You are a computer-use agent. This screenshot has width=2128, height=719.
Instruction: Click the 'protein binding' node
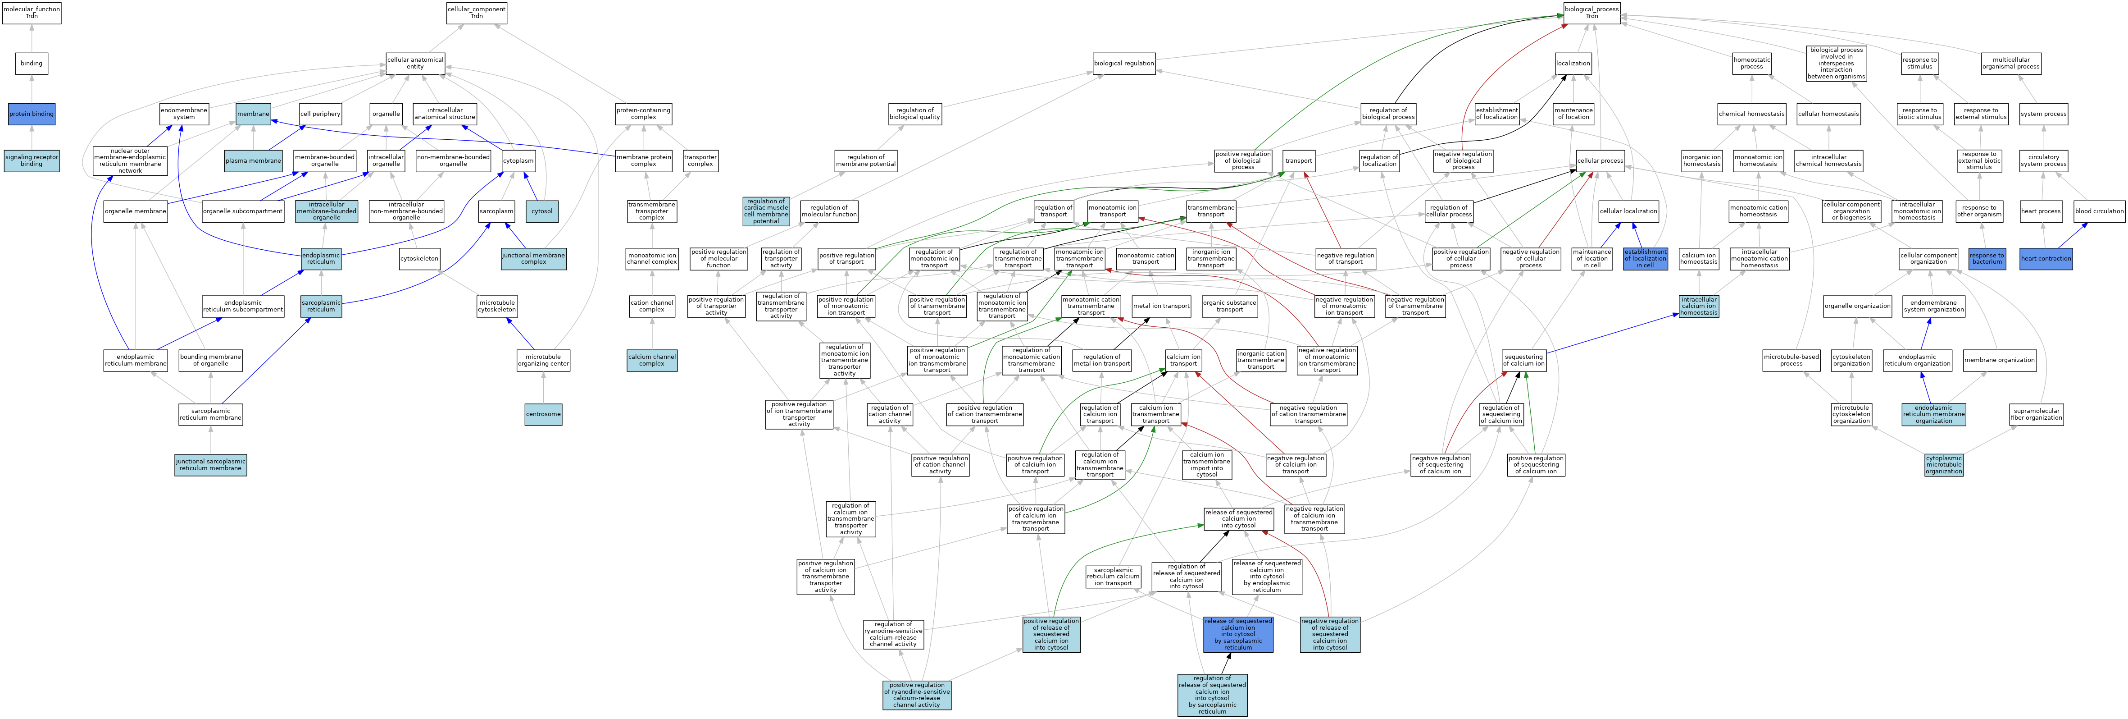pos(32,114)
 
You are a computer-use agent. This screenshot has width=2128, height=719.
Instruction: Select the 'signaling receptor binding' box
pos(32,160)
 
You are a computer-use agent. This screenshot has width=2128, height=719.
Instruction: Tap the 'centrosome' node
pos(543,414)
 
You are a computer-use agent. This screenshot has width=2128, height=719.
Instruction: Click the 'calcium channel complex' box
pos(652,360)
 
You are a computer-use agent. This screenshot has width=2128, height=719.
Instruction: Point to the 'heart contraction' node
pos(2046,259)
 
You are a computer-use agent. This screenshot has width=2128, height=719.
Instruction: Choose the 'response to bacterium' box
pos(1987,259)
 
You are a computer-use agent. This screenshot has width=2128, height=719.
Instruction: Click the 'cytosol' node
pos(542,211)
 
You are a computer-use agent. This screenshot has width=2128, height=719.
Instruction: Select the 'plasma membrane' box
pos(253,160)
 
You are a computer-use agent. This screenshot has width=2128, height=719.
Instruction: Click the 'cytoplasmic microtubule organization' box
pos(1944,464)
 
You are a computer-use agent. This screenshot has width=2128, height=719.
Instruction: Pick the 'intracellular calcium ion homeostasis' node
pos(1698,306)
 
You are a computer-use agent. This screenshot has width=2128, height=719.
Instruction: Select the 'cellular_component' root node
pos(477,13)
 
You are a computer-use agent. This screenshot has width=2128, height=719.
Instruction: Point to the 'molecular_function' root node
pos(32,13)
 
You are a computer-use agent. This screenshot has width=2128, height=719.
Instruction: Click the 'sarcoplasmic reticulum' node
pos(321,306)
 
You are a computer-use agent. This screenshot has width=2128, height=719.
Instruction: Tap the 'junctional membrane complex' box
pos(534,259)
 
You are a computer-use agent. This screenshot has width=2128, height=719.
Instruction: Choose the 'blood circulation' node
pos(2099,211)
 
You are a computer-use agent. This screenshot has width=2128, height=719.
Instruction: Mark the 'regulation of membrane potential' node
pos(866,160)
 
